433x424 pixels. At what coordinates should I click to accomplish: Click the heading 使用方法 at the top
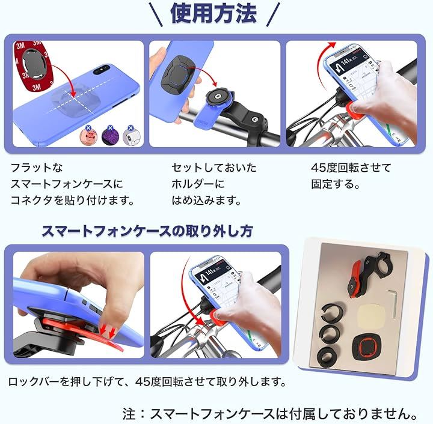click(213, 13)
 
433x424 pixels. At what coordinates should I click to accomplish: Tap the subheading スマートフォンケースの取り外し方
click(147, 231)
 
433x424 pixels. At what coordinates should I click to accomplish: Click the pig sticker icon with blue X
click(88, 136)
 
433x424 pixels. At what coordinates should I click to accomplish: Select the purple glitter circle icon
click(110, 136)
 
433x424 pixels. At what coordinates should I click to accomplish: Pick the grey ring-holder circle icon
click(132, 136)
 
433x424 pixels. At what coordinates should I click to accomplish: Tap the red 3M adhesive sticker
click(32, 66)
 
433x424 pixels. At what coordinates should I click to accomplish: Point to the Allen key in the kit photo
click(393, 303)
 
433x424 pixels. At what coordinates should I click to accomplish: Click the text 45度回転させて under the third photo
click(351, 168)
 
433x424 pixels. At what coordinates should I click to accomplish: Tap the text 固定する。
click(336, 184)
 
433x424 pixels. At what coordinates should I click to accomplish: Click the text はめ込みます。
click(206, 201)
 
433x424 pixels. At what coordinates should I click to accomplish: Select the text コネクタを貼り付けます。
click(72, 201)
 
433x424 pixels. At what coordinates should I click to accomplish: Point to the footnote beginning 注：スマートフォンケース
click(270, 414)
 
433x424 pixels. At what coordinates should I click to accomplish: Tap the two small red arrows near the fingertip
click(108, 331)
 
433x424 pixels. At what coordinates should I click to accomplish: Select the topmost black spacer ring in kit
click(331, 312)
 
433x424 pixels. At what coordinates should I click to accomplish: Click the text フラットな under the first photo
click(37, 168)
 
